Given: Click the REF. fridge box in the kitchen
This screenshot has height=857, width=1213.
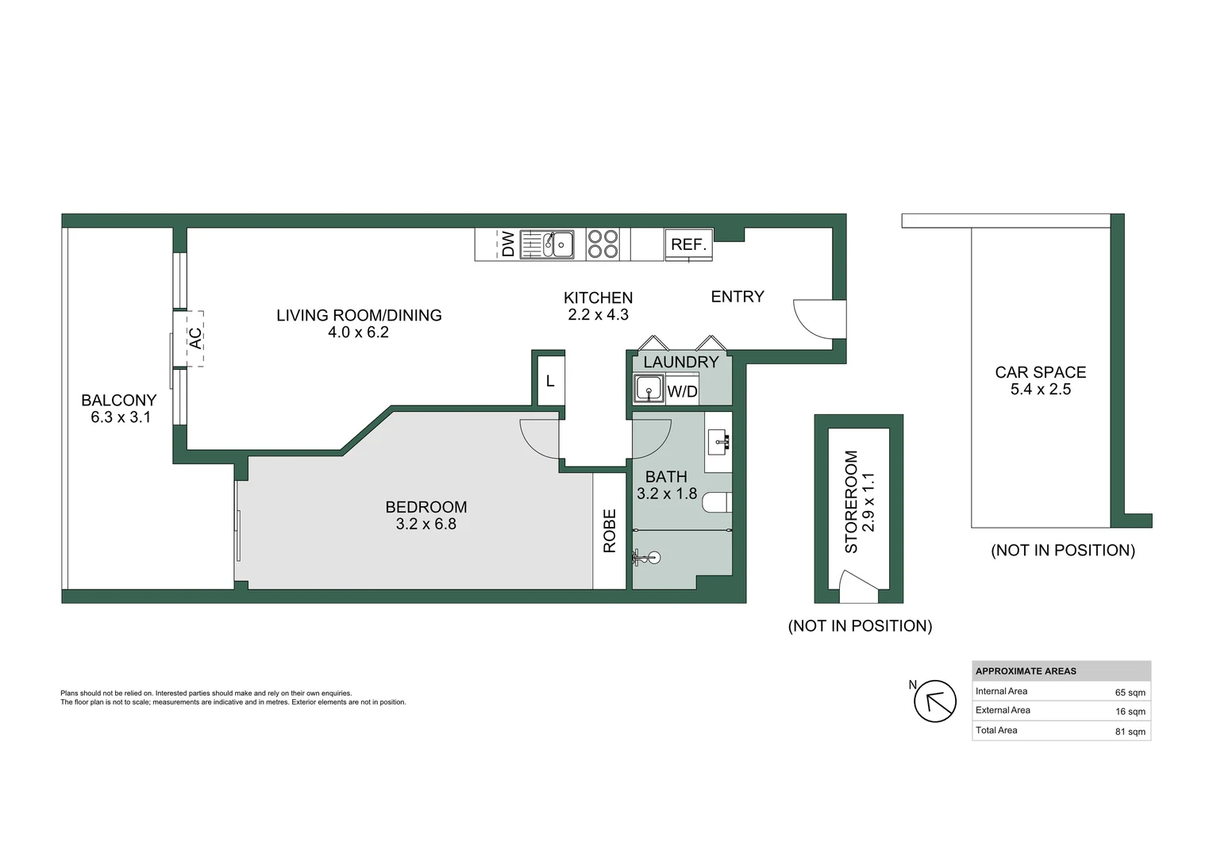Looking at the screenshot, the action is pyautogui.click(x=688, y=244).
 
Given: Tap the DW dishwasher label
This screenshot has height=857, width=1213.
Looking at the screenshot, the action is pyautogui.click(x=508, y=244).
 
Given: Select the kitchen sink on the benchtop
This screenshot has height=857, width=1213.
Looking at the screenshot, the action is pyautogui.click(x=547, y=244).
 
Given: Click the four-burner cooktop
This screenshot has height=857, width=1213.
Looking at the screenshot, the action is pyautogui.click(x=603, y=244).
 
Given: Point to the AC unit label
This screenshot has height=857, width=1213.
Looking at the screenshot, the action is pyautogui.click(x=195, y=338).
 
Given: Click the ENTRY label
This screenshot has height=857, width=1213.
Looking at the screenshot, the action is pyautogui.click(x=737, y=297).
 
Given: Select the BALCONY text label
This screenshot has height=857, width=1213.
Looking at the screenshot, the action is pyautogui.click(x=118, y=400).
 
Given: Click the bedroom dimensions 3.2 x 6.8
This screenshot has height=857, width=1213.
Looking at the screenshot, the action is pyautogui.click(x=426, y=524).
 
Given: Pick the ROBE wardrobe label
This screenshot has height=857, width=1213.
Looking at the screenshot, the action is pyautogui.click(x=609, y=531).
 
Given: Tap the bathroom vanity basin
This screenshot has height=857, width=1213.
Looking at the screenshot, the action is pyautogui.click(x=718, y=442).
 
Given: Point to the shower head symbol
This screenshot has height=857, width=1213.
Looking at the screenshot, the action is pyautogui.click(x=646, y=558).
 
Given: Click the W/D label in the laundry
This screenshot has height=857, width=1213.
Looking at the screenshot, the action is pyautogui.click(x=683, y=391).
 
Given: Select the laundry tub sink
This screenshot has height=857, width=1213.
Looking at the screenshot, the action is pyautogui.click(x=649, y=388).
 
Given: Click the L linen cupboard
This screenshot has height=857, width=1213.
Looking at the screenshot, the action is pyautogui.click(x=550, y=381).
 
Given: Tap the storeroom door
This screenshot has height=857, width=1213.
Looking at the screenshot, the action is pyautogui.click(x=859, y=587).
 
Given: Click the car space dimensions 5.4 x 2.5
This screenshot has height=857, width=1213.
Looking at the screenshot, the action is pyautogui.click(x=1040, y=390).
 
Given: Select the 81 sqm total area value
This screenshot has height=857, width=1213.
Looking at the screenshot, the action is pyautogui.click(x=1130, y=732).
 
